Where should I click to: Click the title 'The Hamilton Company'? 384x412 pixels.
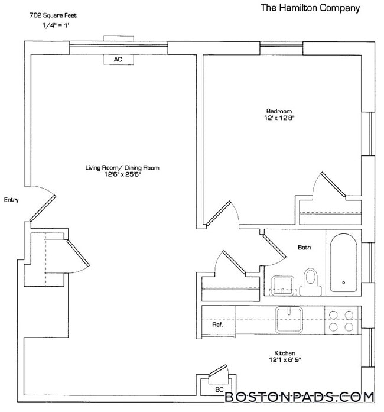pos(310,8)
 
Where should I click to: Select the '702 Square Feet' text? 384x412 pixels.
pos(53,15)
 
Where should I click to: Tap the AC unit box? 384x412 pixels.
pos(118,59)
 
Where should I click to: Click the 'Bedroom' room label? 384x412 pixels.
pos(279,111)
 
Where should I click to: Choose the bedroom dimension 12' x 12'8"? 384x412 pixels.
pos(279,118)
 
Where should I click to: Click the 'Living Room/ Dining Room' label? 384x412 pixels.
pos(122,168)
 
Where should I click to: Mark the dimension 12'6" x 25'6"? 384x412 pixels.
pos(122,175)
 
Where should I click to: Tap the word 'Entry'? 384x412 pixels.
pos(11,200)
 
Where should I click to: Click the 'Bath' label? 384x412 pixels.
pos(304,248)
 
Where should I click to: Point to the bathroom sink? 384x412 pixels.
pos(284,286)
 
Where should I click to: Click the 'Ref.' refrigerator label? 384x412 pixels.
pos(217,325)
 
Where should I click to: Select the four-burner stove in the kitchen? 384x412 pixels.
pos(341,320)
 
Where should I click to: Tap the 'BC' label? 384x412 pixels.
pos(219,390)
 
